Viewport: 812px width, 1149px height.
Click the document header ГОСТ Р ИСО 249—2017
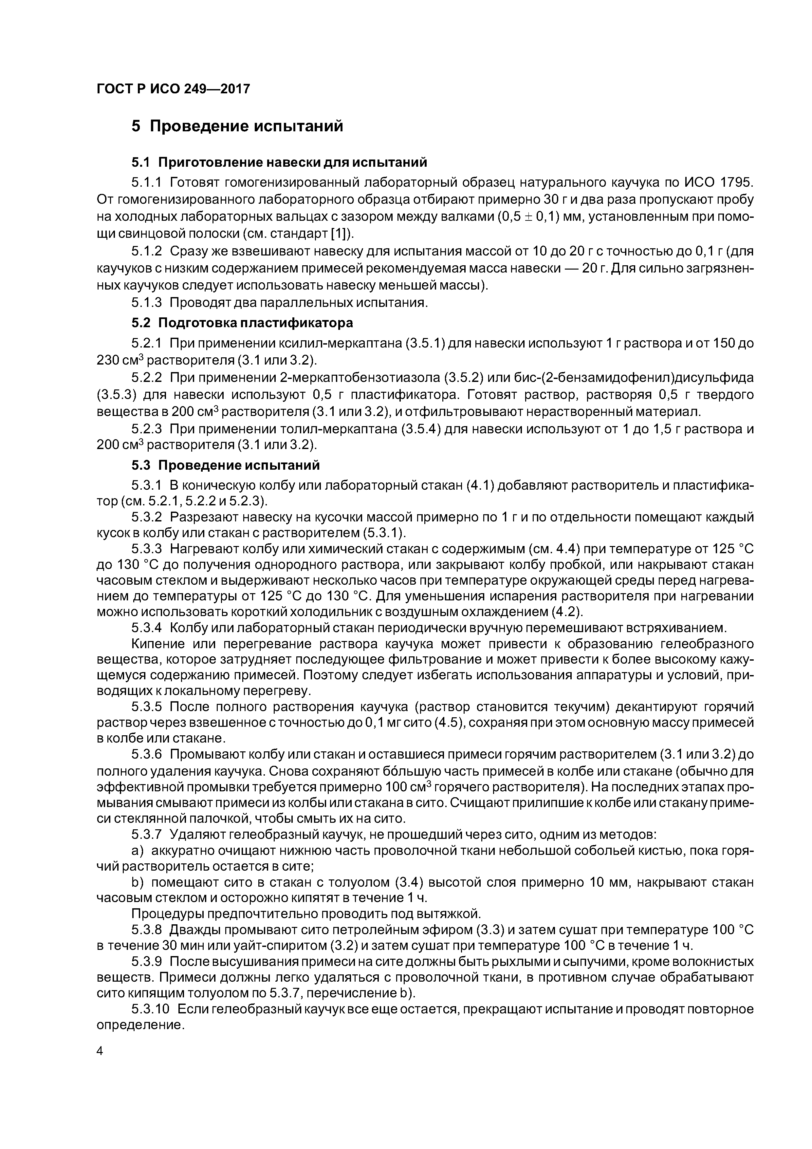(x=173, y=89)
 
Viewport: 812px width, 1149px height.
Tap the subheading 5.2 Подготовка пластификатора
(x=242, y=323)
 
